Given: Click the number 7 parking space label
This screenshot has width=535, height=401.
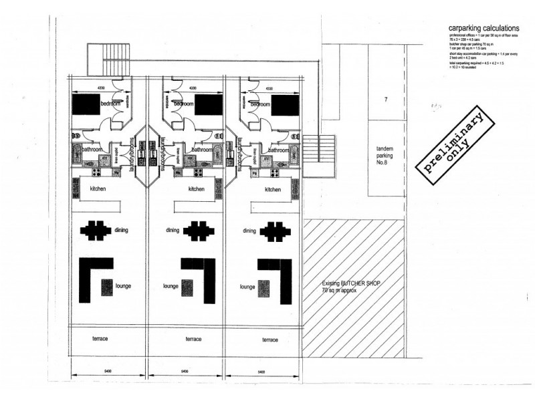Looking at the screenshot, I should coord(386,100).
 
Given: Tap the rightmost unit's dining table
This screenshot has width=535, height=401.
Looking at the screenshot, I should coord(274,231).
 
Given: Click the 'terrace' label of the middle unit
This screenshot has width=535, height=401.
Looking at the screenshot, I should coord(194,340).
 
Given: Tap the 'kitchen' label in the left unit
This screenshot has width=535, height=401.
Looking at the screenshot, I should coord(98,189).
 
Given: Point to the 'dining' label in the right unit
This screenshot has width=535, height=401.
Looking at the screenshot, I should coord(250,231).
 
